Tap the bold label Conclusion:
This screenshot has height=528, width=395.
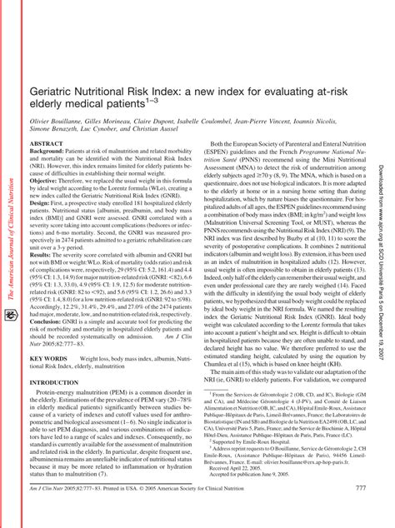[50, 320]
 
